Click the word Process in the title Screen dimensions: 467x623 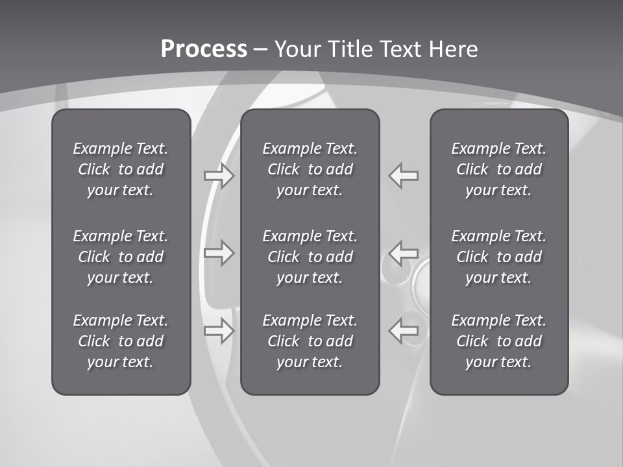(204, 49)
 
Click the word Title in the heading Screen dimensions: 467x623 (349, 49)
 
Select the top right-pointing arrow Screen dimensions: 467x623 (219, 176)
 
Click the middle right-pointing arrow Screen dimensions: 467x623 (219, 253)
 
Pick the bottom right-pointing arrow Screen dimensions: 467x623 (219, 331)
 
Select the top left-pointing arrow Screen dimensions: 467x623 (404, 176)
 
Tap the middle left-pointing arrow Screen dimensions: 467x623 (404, 253)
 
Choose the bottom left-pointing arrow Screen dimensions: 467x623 (404, 331)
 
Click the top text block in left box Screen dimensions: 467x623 (121, 169)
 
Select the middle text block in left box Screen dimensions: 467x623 (121, 257)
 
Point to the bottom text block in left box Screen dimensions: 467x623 (121, 341)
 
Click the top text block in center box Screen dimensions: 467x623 (310, 169)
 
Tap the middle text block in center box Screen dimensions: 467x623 (310, 257)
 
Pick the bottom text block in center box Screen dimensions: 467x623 (310, 341)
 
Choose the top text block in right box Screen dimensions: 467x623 (499, 169)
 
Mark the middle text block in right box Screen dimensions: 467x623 (499, 257)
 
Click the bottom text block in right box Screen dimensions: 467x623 (499, 341)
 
